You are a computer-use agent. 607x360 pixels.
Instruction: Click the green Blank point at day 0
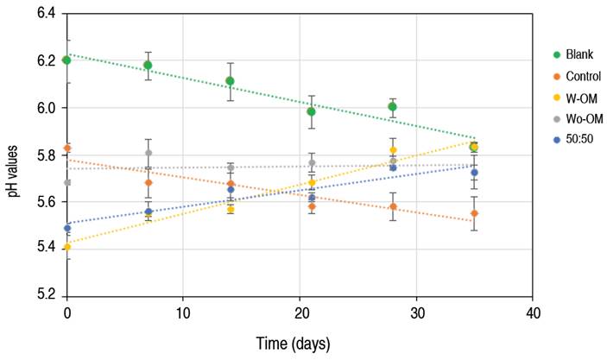[x=66, y=60]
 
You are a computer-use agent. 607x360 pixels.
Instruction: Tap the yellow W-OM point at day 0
[x=66, y=248]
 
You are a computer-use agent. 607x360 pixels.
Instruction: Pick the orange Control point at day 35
[x=474, y=213]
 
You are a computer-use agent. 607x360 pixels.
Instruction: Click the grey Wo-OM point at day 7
[x=149, y=153]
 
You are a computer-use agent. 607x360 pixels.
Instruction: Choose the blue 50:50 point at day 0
[x=66, y=228]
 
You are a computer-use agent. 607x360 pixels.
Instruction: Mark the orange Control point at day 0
[x=66, y=148]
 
